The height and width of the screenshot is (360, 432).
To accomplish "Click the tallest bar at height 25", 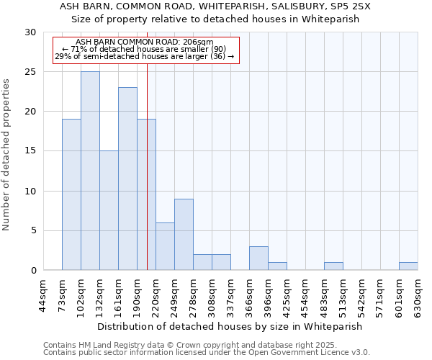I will (x=90, y=171).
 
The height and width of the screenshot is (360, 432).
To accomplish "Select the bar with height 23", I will (x=127, y=179).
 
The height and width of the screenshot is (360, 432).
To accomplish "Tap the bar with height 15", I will (x=109, y=210).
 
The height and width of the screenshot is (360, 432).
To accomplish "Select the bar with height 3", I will (x=258, y=258).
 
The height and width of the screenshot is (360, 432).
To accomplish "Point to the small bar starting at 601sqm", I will (x=408, y=266).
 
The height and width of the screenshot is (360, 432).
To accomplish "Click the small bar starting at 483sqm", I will (x=333, y=266).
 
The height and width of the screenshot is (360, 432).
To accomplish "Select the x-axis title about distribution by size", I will (x=230, y=326).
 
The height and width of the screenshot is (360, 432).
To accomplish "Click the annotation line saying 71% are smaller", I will (x=144, y=49).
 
